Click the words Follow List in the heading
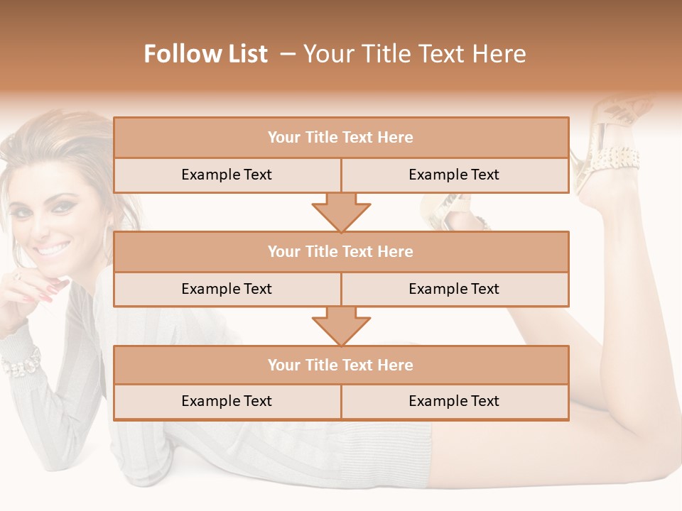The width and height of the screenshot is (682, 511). [x=206, y=54]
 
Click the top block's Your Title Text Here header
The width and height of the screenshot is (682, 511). [x=340, y=138]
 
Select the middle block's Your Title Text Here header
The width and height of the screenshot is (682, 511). [x=340, y=251]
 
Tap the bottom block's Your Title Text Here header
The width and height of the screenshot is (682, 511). [x=340, y=365]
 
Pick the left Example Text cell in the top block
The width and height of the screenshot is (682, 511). [x=227, y=175]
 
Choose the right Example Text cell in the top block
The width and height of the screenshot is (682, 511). [x=454, y=175]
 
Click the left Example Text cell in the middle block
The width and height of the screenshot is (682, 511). [x=227, y=289]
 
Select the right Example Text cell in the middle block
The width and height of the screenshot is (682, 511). [x=454, y=289]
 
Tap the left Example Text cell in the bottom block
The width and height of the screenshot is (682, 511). [x=227, y=401]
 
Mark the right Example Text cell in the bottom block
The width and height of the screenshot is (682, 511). [x=454, y=401]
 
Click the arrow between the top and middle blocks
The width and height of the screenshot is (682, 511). [x=341, y=211]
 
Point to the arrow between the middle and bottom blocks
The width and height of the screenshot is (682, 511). [x=341, y=325]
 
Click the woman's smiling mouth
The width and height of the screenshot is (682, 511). [x=53, y=249]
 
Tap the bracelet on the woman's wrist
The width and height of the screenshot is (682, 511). [x=21, y=362]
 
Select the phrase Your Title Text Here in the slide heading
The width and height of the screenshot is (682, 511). [x=415, y=54]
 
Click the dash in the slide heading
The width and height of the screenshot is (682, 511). [x=288, y=54]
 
